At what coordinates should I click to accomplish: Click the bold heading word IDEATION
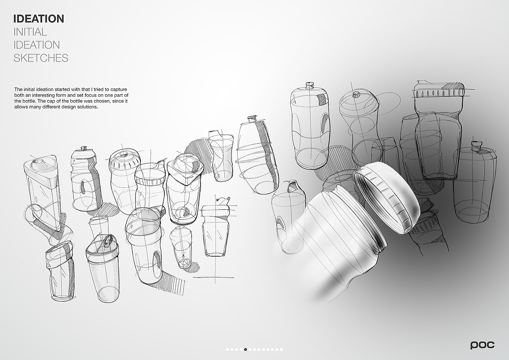pos(39,19)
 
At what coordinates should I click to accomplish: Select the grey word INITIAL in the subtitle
pos(30,32)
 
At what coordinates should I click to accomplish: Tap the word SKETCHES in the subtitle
pos(41,58)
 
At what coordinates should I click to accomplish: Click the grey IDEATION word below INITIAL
pos(37,45)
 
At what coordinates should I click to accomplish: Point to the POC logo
pos(482,345)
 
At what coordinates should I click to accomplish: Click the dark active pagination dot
pos(245,349)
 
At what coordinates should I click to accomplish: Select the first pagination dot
pos(228,349)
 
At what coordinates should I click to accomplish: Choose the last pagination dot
pos(281,349)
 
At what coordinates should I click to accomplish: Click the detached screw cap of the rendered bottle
pos(386,198)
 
